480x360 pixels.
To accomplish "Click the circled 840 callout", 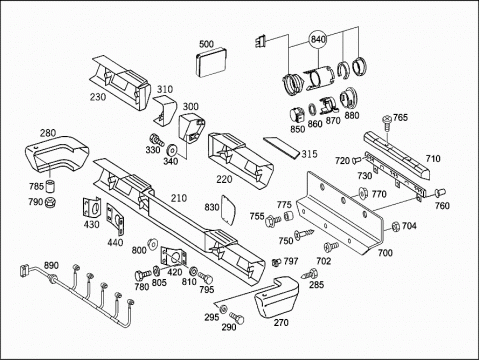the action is (x=318, y=39).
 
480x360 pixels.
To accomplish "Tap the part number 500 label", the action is (x=206, y=44).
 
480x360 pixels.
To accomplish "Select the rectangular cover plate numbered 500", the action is (x=211, y=63).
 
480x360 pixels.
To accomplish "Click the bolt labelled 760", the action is (x=440, y=193).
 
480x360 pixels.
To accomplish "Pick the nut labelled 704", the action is (x=395, y=226).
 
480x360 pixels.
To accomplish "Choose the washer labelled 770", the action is (x=363, y=193).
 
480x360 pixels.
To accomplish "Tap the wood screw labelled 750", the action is (x=304, y=234).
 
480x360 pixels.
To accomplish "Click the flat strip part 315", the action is (x=281, y=147).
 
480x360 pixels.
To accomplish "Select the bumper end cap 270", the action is (x=276, y=298).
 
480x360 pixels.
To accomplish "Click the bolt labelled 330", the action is (x=157, y=139).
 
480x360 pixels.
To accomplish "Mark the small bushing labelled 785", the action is (x=50, y=186).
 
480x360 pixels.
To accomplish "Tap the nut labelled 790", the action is (x=51, y=201).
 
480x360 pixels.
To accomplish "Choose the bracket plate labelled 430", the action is (x=91, y=208).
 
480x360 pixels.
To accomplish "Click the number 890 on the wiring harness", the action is (x=51, y=265).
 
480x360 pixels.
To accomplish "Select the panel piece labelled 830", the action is (x=228, y=209).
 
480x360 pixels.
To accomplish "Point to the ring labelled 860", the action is (x=313, y=109).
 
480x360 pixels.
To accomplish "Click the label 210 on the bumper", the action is (x=179, y=198).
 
